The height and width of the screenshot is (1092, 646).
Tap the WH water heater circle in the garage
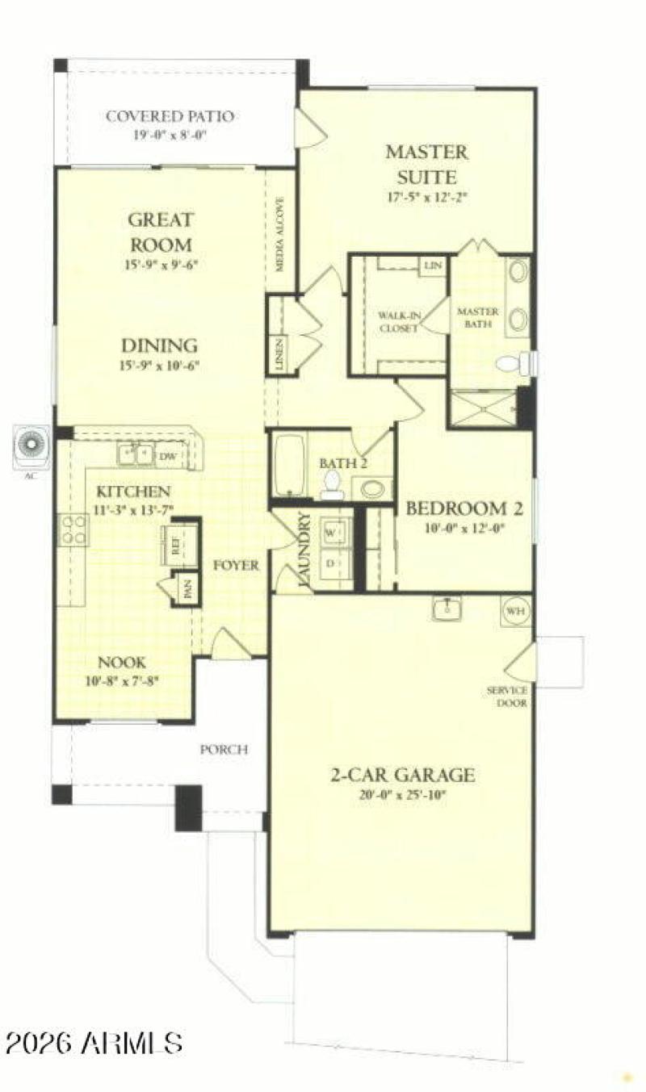pos(516,611)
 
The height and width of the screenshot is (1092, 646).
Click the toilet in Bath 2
pos(332,483)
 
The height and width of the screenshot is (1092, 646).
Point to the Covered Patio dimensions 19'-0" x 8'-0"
pos(170,135)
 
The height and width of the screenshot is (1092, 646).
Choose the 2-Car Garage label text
pos(401,776)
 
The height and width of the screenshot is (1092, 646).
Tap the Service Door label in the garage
pos(507,697)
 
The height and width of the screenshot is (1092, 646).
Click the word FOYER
pos(236,566)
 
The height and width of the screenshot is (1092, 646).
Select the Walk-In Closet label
pos(398,321)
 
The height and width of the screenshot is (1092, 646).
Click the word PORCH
pos(224,750)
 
